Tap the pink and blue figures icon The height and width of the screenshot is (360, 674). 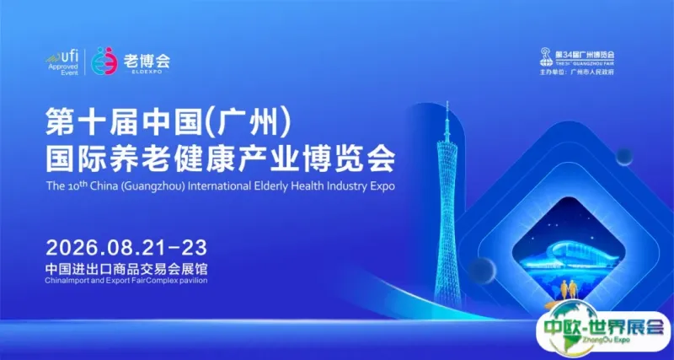(104, 62)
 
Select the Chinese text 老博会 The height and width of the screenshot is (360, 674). (147, 60)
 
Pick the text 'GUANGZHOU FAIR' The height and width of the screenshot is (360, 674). (596, 64)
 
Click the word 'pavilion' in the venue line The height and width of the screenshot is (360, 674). (189, 279)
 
